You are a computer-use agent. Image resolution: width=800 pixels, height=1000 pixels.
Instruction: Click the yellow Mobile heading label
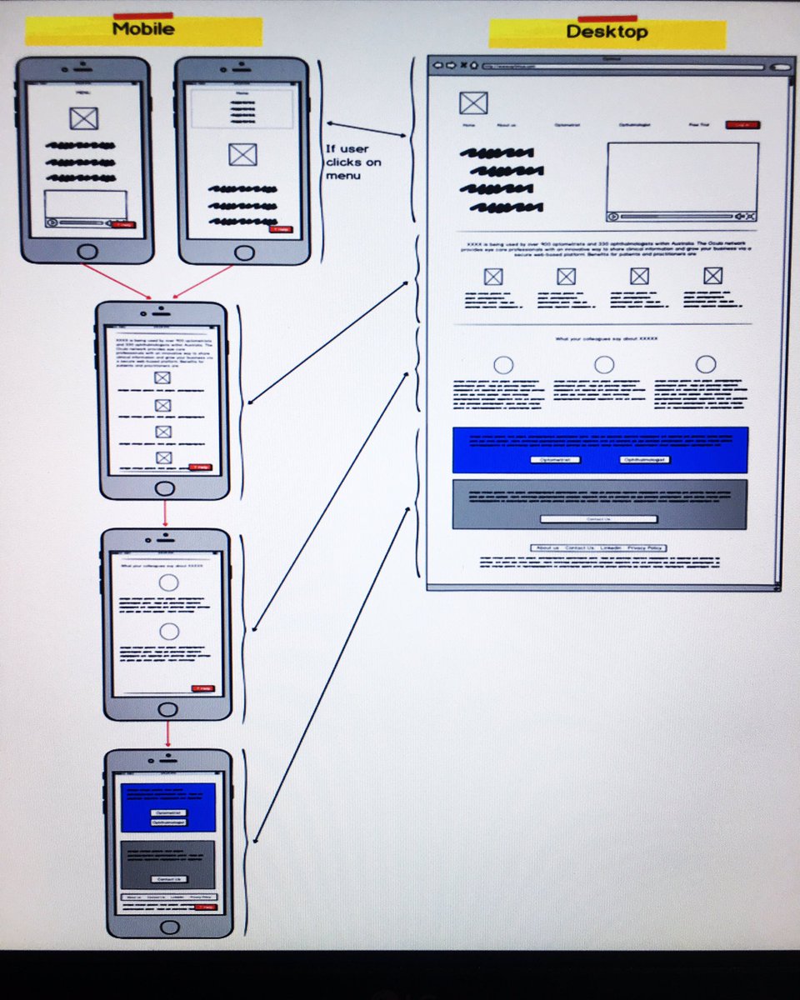[143, 30]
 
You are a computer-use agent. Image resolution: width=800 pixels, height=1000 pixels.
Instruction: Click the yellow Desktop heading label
[607, 33]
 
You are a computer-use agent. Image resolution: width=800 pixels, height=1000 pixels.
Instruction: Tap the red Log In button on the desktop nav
[742, 125]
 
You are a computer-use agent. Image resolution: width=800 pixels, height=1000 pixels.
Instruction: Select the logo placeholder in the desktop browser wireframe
[473, 103]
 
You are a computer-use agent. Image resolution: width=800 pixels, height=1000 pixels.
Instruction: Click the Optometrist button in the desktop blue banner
[555, 459]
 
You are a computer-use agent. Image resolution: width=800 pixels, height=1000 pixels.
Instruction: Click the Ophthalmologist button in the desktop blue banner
[645, 459]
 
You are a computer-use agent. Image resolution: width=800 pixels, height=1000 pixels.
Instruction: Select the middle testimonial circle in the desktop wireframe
[604, 364]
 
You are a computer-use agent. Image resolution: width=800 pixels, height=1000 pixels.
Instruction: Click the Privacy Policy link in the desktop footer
[645, 547]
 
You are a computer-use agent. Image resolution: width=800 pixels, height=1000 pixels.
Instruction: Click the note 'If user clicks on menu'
[353, 162]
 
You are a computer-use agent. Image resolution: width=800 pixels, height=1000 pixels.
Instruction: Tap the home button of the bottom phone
[170, 927]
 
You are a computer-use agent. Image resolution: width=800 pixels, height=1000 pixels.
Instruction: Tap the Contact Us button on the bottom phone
[169, 879]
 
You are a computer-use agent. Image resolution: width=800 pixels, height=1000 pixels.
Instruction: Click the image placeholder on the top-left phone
[83, 119]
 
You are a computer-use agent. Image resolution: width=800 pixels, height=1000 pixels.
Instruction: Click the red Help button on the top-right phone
[281, 228]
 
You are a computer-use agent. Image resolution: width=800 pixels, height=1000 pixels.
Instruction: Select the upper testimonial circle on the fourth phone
[169, 582]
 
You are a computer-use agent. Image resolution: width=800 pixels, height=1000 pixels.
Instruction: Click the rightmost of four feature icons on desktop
[712, 276]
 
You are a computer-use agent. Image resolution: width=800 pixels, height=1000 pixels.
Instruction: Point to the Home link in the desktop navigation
[468, 125]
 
